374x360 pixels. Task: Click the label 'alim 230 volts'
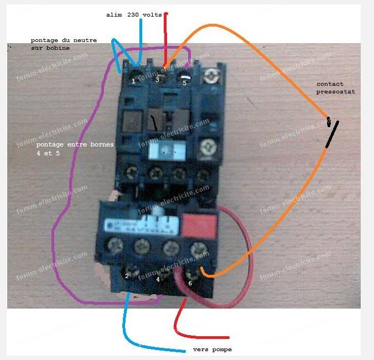[x=134, y=15]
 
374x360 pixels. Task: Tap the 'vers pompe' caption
[x=212, y=349]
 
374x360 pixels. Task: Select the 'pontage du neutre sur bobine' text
[x=59, y=44]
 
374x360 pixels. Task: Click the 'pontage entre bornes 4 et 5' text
[x=74, y=149]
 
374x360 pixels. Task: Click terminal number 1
[x=133, y=81]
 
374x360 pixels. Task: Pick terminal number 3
[x=157, y=80]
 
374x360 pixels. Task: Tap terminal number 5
[x=185, y=82]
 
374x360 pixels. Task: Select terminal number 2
[x=127, y=275]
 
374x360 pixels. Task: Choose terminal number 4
[x=158, y=279]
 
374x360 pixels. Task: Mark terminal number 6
[x=190, y=283]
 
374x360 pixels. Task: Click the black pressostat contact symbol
[x=331, y=133]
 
